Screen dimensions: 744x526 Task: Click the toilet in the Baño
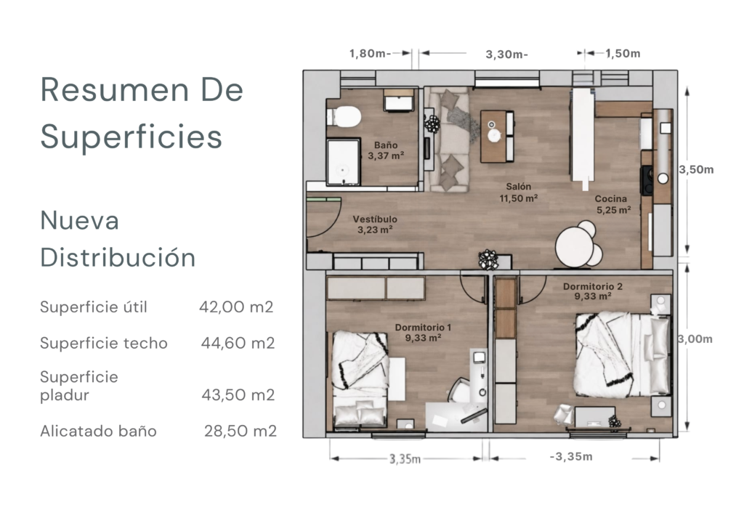[344, 117]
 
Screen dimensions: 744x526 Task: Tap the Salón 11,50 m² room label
[518, 193]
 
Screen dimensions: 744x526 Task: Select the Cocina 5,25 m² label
[612, 204]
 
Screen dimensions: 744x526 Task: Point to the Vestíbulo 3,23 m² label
[375, 224]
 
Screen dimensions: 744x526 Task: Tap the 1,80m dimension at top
[370, 54]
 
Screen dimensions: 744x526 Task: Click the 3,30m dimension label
[506, 54]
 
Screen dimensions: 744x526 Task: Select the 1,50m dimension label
[623, 54]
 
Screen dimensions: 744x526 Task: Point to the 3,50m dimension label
[696, 170]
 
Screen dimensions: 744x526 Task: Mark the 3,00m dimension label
[695, 339]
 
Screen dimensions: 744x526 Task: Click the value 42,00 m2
[236, 307]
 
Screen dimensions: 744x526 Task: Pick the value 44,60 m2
[238, 343]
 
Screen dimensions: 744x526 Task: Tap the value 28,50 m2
[240, 431]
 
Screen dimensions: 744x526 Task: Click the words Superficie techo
[104, 343]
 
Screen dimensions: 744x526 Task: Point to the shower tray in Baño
[343, 162]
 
